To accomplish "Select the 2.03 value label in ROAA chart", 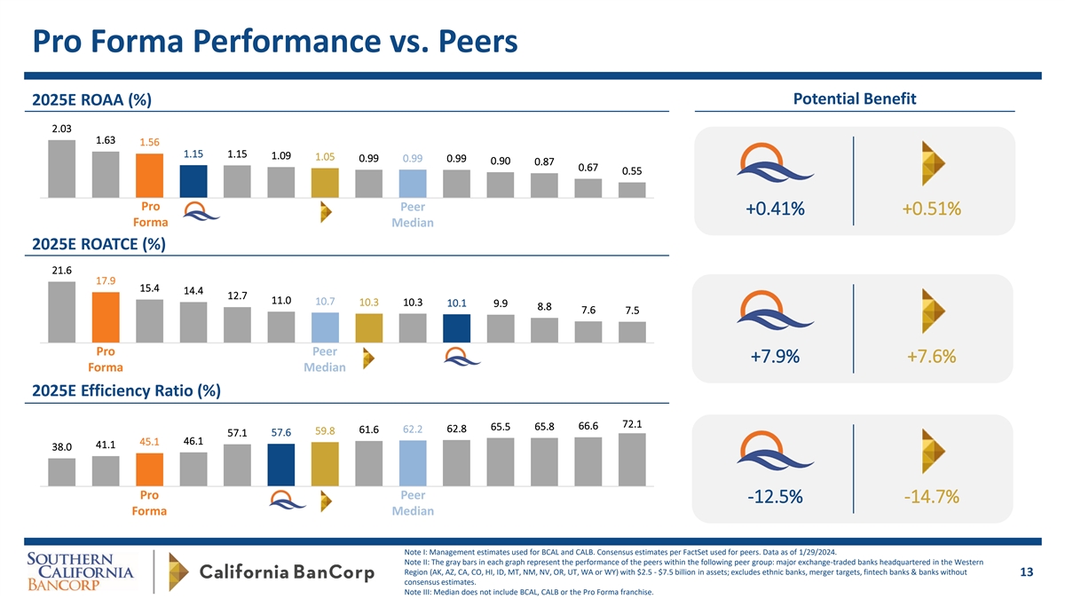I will pyautogui.click(x=61, y=129).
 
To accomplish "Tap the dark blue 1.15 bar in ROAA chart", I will pyautogui.click(x=193, y=180).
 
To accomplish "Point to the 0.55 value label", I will pyautogui.click(x=632, y=171).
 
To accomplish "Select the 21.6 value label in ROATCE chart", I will pyautogui.click(x=61, y=270).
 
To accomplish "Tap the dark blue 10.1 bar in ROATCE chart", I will pyautogui.click(x=456, y=327).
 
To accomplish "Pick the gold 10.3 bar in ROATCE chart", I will pyautogui.click(x=368, y=327).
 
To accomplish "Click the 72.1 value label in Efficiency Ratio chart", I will pyautogui.click(x=632, y=423).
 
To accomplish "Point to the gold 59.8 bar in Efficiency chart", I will pyautogui.click(x=325, y=465).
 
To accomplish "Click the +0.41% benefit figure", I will pyautogui.click(x=775, y=209).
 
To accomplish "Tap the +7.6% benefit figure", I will pyautogui.click(x=931, y=357).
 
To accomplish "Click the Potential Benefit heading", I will pyautogui.click(x=855, y=99).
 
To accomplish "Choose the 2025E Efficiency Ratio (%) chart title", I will pyautogui.click(x=126, y=390).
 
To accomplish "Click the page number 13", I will pyautogui.click(x=1027, y=572).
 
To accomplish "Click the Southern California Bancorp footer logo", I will pyautogui.click(x=80, y=572).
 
